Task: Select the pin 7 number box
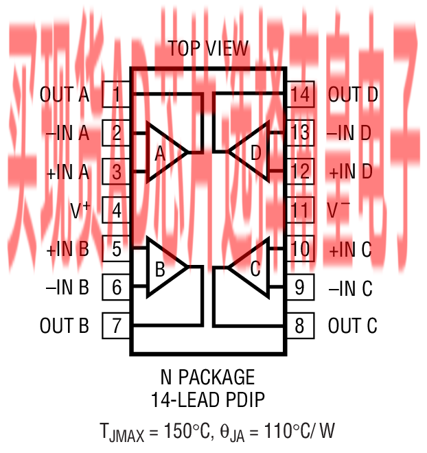(x=117, y=325)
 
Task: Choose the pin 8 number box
(x=299, y=325)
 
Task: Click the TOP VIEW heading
(x=209, y=49)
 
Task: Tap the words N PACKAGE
(x=207, y=377)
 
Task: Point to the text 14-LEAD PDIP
(x=207, y=399)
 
